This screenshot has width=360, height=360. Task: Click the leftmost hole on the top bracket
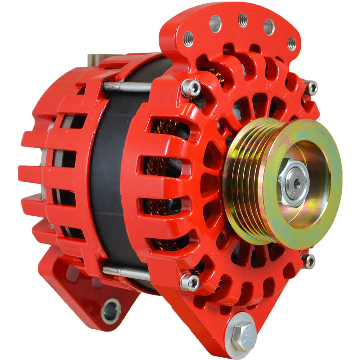[188, 39]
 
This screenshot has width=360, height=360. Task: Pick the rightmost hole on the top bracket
[292, 44]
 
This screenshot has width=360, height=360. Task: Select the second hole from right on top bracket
[269, 27]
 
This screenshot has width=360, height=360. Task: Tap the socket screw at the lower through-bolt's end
[190, 282]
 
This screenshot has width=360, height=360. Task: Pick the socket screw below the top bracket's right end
[310, 87]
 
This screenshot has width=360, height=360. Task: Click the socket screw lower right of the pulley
[308, 261]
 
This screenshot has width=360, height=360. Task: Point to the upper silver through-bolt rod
[126, 87]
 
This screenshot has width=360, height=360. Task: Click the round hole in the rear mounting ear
[111, 311]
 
